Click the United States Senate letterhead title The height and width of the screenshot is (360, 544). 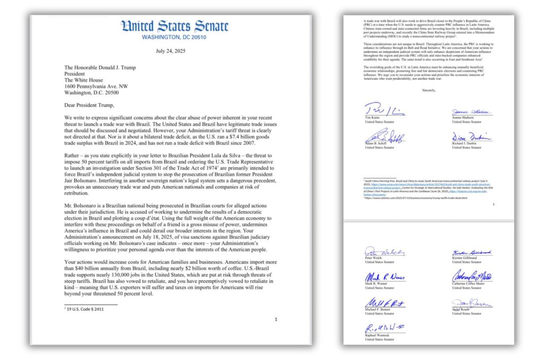click(x=175, y=27)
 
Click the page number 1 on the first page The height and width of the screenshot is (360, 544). click(x=276, y=319)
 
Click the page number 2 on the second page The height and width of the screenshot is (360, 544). click(x=493, y=204)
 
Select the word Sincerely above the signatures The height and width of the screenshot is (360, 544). click(x=429, y=91)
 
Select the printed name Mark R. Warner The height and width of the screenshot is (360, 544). click(x=377, y=284)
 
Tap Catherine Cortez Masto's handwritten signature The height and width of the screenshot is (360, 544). click(x=472, y=277)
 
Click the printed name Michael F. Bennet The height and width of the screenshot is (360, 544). click(x=378, y=310)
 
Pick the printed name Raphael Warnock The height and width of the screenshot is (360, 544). click(x=378, y=335)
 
